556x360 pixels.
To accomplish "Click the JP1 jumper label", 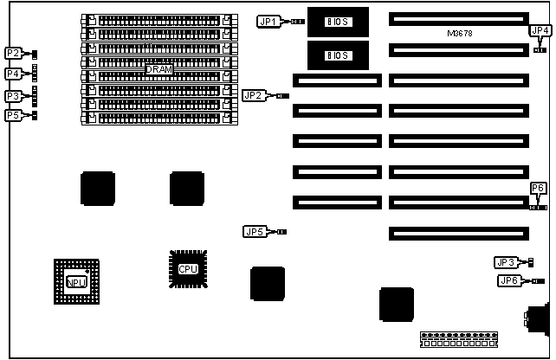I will pyautogui.click(x=268, y=21).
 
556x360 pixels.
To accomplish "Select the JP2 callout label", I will pyautogui.click(x=254, y=95).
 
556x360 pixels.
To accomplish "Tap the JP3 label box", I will pyautogui.click(x=506, y=262).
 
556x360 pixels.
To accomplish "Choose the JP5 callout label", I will pyautogui.click(x=255, y=231).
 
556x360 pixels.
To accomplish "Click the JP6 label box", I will pyautogui.click(x=510, y=280).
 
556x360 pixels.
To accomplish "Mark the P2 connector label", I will pyautogui.click(x=14, y=53).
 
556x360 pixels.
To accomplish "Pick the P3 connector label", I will pyautogui.click(x=14, y=96).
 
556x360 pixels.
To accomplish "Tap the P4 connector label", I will pyautogui.click(x=14, y=74).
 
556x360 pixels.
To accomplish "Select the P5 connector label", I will pyautogui.click(x=14, y=115).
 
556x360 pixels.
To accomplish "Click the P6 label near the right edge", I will pyautogui.click(x=538, y=188).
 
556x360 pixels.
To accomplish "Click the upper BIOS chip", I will pyautogui.click(x=337, y=21).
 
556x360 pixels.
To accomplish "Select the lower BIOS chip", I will pyautogui.click(x=337, y=55).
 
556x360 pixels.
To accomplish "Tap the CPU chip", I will pyautogui.click(x=188, y=268).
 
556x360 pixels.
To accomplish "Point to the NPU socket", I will pyautogui.click(x=76, y=280).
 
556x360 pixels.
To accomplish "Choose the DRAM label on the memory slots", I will pyautogui.click(x=158, y=69).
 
